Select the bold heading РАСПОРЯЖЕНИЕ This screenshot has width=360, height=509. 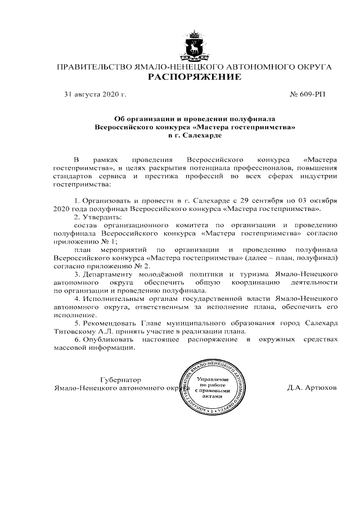tap(194, 77)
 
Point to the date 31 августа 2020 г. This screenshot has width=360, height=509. tap(95, 94)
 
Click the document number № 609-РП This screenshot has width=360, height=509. tap(307, 94)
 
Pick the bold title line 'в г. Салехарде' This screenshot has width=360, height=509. tap(195, 136)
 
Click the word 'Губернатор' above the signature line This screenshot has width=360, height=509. tap(120, 380)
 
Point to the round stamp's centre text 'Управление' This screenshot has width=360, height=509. tap(213, 380)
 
